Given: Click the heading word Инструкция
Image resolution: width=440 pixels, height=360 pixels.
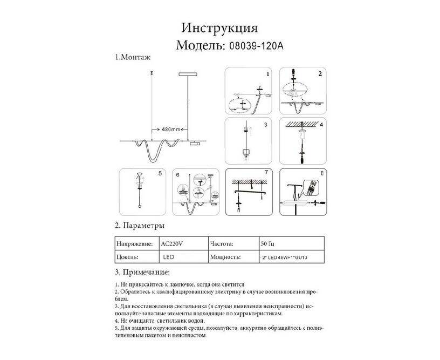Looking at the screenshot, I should tap(219, 28).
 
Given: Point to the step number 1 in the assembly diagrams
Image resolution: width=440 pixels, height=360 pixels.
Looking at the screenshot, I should tap(267, 72).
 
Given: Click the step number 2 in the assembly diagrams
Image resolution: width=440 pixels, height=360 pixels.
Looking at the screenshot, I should tap(320, 73).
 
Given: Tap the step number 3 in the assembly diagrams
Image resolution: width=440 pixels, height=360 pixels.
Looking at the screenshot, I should tap(266, 125).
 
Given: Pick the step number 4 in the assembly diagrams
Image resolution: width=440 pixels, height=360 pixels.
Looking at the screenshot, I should tap(320, 125).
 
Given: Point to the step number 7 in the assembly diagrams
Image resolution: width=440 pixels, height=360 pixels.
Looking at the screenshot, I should tap(266, 174).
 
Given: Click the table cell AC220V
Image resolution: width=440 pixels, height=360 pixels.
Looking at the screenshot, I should tap(174, 243).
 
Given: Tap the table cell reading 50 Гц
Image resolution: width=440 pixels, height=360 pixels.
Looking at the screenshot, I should tap(267, 243).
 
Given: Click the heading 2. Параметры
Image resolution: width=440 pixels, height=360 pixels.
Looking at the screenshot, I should tap(140, 225).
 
